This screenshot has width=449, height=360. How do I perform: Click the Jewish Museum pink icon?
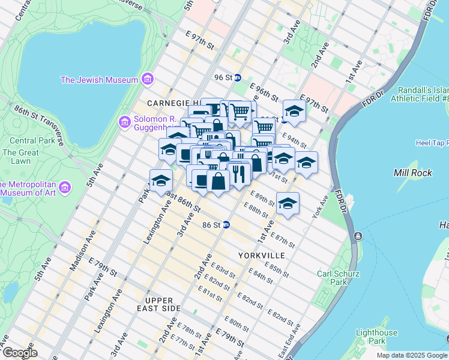[x=147, y=79]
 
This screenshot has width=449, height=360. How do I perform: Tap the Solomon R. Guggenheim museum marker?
[x=125, y=122]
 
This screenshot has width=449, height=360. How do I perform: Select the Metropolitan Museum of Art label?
[x=30, y=188]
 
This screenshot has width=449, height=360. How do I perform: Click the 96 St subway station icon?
[x=238, y=77]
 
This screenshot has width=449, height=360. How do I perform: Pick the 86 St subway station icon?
[x=226, y=225]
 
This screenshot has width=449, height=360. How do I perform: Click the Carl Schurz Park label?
[x=339, y=278]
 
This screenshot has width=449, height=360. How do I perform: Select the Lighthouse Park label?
[x=376, y=337]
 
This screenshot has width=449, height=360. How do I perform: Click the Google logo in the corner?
[x=20, y=353]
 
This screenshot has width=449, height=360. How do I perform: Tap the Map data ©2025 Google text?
[x=411, y=355]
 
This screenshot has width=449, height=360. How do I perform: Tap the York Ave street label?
[x=318, y=207]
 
